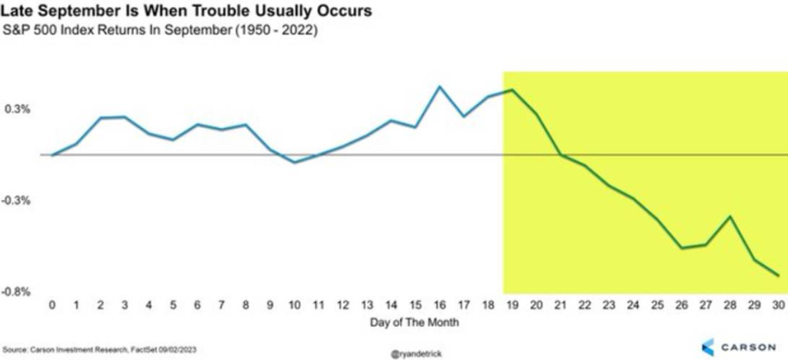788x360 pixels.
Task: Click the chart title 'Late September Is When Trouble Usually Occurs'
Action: (187, 11)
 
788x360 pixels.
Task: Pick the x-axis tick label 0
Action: (52, 305)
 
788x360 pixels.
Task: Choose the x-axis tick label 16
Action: (439, 305)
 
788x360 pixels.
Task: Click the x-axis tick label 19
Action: (512, 305)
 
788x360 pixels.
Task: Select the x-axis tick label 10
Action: (295, 305)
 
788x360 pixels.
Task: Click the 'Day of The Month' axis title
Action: (415, 322)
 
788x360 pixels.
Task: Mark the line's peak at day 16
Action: (439, 86)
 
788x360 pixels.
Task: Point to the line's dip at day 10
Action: (295, 162)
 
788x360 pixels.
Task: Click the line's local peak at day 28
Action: (730, 216)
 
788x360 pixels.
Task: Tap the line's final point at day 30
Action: (779, 275)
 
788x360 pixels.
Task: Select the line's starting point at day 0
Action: (52, 155)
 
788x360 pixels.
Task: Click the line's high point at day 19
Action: (512, 90)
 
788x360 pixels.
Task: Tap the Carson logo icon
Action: (708, 347)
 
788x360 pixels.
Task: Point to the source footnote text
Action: (99, 349)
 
